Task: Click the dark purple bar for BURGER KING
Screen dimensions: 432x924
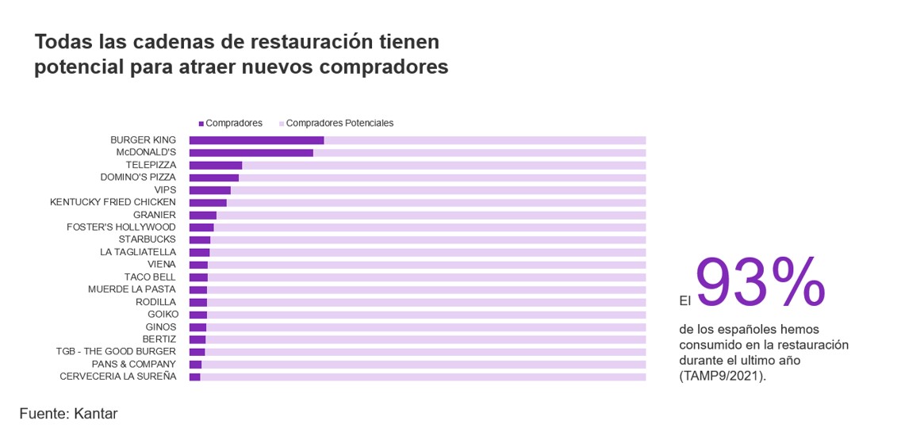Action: pyautogui.click(x=256, y=140)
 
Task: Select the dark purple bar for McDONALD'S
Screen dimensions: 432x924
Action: pyautogui.click(x=251, y=152)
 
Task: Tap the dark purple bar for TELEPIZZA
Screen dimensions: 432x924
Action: pyautogui.click(x=216, y=165)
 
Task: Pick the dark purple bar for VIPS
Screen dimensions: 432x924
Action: pyautogui.click(x=210, y=190)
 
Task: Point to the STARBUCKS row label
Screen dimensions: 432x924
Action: pyautogui.click(x=148, y=239)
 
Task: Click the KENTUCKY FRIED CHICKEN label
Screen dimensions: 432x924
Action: pyautogui.click(x=113, y=202)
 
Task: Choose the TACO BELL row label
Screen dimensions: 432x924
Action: pyautogui.click(x=150, y=277)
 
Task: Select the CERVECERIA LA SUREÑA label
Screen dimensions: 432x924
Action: pyautogui.click(x=118, y=377)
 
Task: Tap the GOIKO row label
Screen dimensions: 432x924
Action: pyautogui.click(x=162, y=315)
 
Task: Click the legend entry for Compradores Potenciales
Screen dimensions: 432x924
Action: pyautogui.click(x=339, y=124)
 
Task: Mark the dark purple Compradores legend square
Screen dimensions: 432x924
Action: pyautogui.click(x=201, y=124)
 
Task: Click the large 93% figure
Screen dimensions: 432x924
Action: pyautogui.click(x=760, y=284)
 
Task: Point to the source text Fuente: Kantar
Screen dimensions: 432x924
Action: pyautogui.click(x=68, y=414)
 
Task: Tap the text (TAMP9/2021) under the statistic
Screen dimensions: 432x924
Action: pyautogui.click(x=723, y=376)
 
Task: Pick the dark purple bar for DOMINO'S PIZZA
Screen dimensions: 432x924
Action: pyautogui.click(x=214, y=178)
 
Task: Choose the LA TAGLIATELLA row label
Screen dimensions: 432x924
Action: pyautogui.click(x=138, y=252)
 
